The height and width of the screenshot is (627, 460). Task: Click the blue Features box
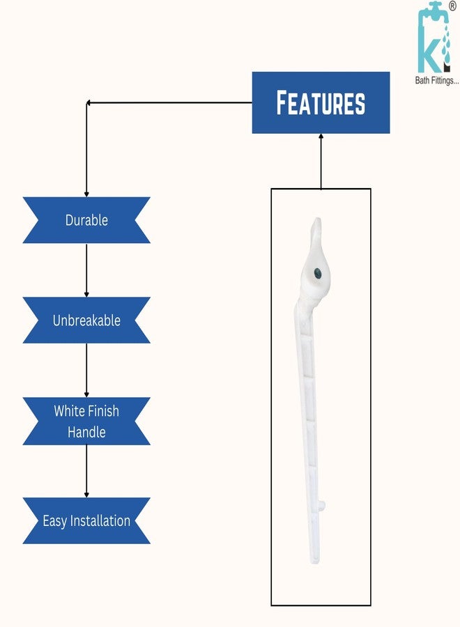[x=321, y=103]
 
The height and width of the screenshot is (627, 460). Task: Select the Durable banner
[x=86, y=220]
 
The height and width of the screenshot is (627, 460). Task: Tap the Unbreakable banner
[x=86, y=320]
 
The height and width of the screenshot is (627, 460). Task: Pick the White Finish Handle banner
[x=86, y=421]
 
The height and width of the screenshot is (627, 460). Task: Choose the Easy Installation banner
[x=86, y=520]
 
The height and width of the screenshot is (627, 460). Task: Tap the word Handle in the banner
[x=86, y=432]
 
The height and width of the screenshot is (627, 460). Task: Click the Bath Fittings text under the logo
[x=437, y=80]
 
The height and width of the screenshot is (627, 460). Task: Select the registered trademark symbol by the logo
[x=452, y=6]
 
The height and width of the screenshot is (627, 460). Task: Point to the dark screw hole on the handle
[x=318, y=274]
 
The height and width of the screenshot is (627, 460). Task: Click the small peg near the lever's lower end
[x=322, y=506]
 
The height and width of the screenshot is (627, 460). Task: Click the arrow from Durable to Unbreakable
[x=86, y=270]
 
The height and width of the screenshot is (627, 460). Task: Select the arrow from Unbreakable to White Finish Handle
[x=86, y=371]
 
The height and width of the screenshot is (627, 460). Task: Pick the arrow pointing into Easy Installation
[x=86, y=471]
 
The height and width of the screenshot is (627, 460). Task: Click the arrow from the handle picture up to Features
[x=321, y=161]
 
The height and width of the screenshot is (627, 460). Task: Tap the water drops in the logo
[x=445, y=44]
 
